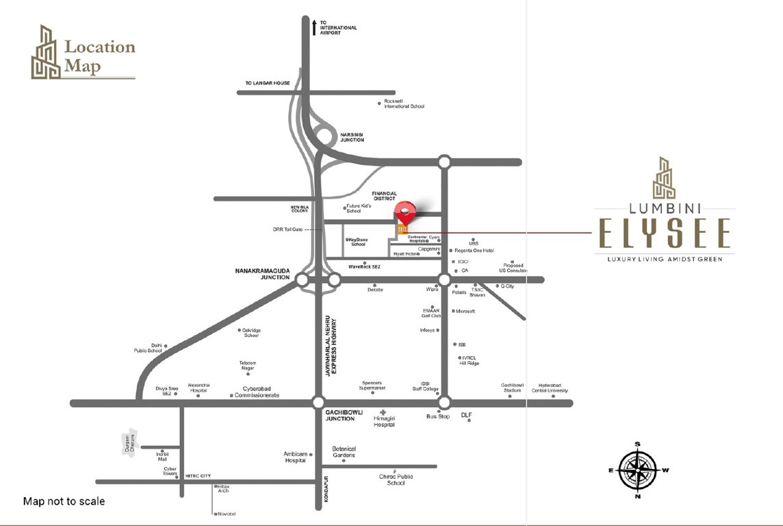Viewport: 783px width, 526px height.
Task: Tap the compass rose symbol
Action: [637, 469]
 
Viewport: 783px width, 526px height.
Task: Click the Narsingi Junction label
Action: [352, 136]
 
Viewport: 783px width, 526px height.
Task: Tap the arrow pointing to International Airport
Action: [314, 27]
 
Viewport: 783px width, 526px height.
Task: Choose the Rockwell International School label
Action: [404, 103]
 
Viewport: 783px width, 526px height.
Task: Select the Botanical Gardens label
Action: [344, 452]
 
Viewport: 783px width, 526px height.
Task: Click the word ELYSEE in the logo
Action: [664, 234]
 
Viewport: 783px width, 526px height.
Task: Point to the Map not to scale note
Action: [64, 501]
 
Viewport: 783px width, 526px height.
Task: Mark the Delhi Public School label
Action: [148, 348]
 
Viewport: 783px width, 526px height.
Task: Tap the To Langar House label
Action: [268, 84]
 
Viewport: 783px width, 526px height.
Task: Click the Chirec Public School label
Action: [396, 479]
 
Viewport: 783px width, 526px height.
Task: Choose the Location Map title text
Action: [100, 57]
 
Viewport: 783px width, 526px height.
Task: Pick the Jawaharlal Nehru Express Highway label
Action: [332, 346]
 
